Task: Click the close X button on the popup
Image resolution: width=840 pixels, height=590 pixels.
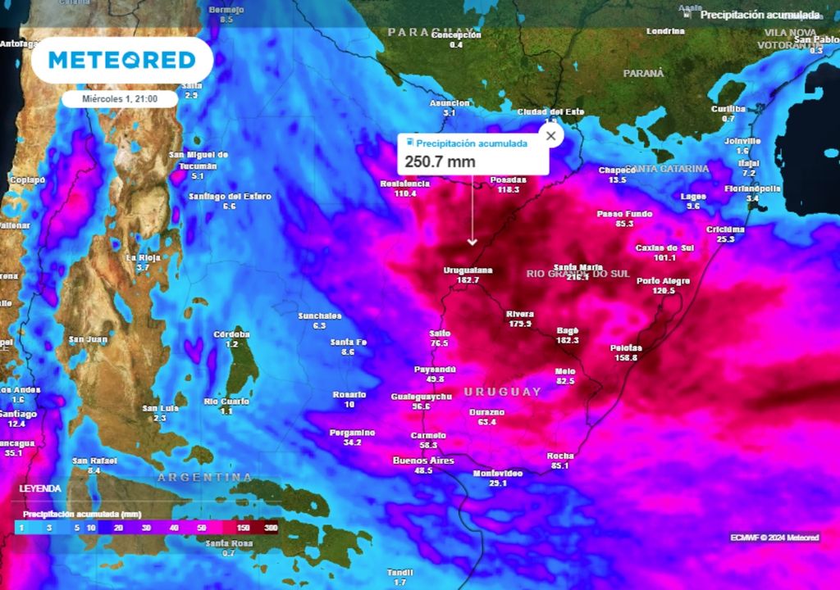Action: coord(550,136)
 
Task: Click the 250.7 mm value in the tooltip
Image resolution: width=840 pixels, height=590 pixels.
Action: coord(440,161)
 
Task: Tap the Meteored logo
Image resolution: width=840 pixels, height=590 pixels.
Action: coord(122,60)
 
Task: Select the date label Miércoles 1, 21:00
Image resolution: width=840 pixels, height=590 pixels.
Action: coord(120,98)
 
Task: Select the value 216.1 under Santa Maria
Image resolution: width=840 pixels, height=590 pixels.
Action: coord(577,278)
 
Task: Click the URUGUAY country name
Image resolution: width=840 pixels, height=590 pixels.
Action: coord(503,392)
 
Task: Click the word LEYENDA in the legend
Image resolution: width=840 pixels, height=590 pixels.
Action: coord(40,488)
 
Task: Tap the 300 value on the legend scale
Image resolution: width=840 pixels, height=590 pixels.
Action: coord(271,529)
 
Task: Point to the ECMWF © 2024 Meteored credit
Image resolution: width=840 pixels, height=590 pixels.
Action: coord(774,538)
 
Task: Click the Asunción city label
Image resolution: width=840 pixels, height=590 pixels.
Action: coord(450,103)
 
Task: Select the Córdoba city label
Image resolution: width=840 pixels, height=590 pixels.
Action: coord(231,334)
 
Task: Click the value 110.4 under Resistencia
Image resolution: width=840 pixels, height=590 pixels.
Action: coord(405,194)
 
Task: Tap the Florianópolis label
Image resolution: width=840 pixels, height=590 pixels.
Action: coord(752,188)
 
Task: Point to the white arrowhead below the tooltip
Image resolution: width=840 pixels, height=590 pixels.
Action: coord(472,242)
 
